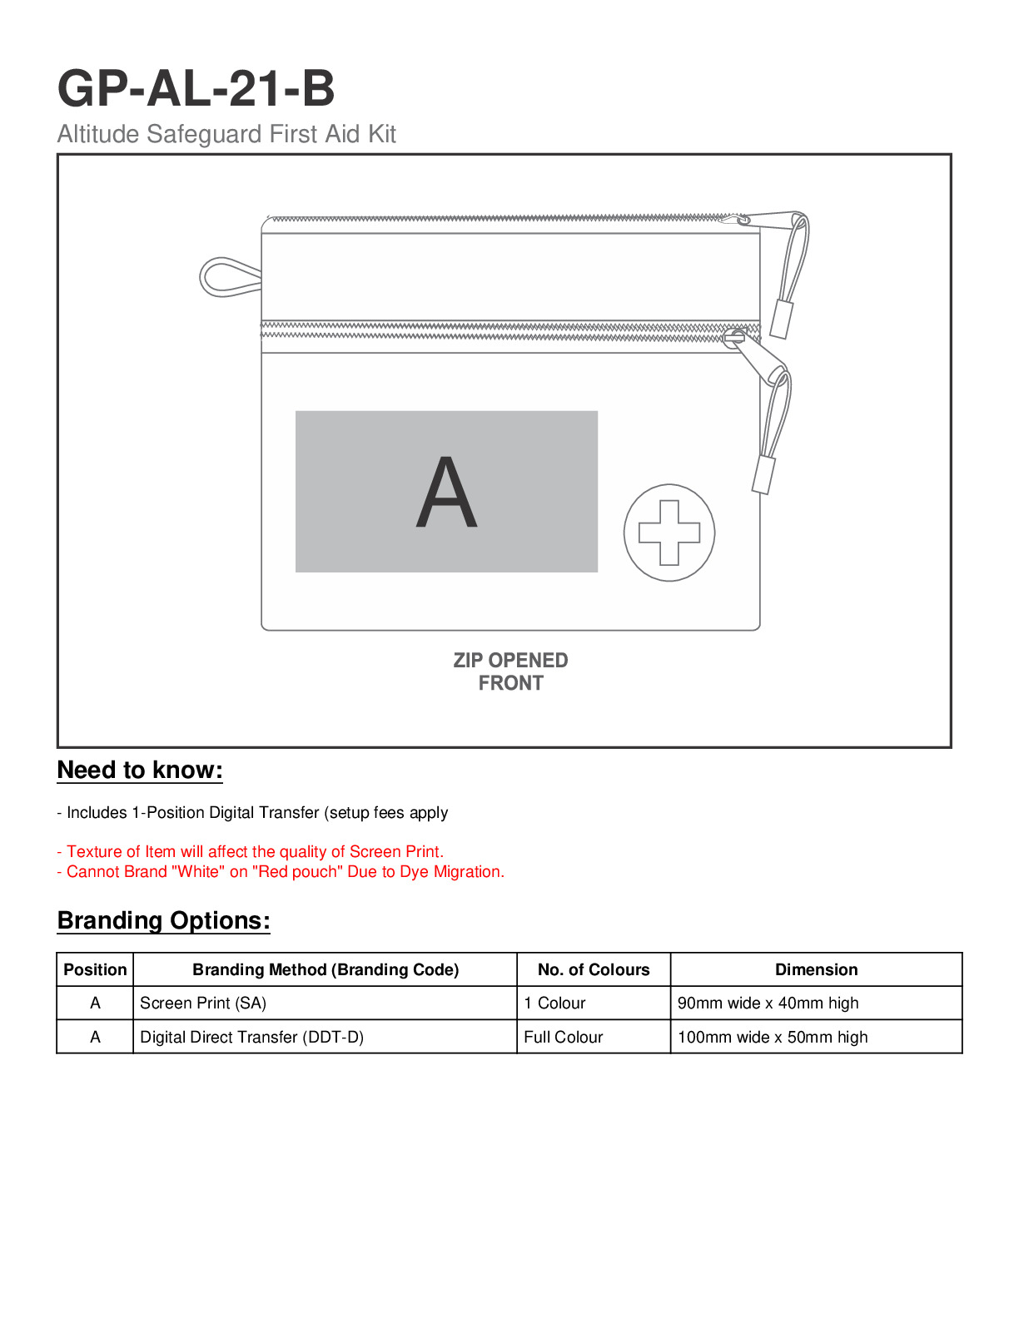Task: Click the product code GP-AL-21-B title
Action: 196,88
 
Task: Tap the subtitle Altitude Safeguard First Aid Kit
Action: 226,134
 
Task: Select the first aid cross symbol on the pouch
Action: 669,533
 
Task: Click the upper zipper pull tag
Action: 781,318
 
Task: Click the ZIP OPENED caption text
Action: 510,661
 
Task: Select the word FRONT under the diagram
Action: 510,683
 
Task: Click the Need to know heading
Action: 140,770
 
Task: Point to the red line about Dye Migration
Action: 281,872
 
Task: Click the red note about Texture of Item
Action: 251,852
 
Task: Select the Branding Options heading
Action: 164,921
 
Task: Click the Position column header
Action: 95,969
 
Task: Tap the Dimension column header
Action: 816,969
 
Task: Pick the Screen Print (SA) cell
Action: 203,1003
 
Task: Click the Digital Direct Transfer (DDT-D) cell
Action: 251,1038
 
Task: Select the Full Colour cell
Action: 564,1038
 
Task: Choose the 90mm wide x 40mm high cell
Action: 768,1003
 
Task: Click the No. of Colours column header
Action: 594,969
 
